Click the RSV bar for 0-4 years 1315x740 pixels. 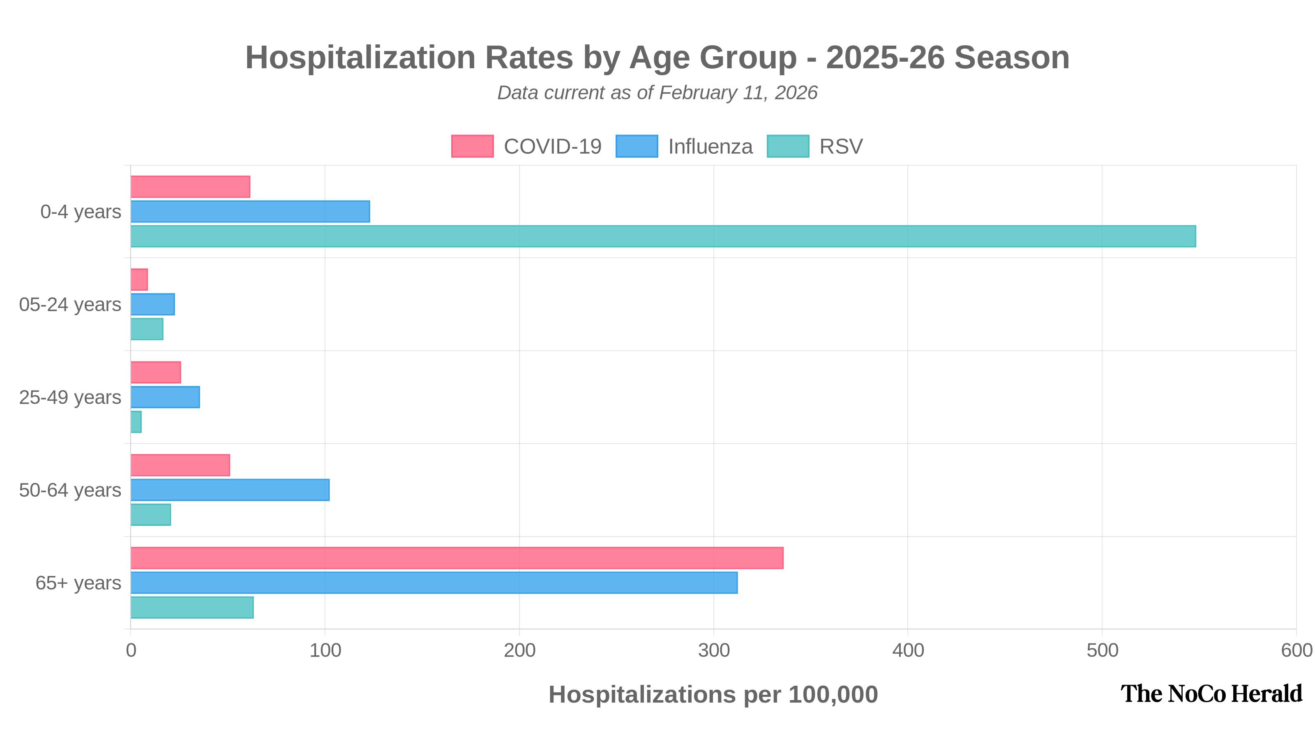(664, 236)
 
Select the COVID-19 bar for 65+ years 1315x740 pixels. (457, 558)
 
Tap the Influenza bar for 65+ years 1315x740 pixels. (434, 582)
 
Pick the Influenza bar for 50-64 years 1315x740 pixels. (230, 489)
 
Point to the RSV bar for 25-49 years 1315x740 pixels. (136, 422)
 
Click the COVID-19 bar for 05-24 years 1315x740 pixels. (139, 280)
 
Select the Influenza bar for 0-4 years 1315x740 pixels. (250, 211)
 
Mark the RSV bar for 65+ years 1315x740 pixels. (192, 607)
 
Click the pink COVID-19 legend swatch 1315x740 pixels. (472, 146)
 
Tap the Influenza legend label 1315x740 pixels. (710, 147)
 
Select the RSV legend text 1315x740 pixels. (841, 147)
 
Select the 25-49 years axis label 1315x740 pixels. (70, 397)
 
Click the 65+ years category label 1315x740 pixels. (78, 583)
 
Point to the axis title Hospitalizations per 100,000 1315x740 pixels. (713, 694)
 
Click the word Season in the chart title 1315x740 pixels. (1011, 57)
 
